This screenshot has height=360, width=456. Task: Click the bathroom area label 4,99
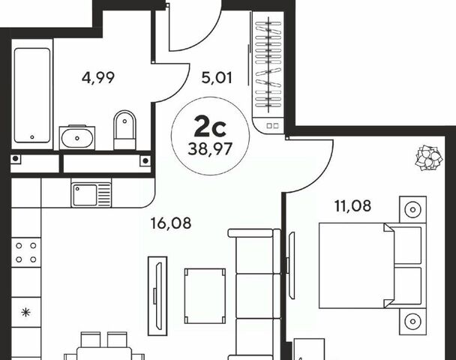pyautogui.click(x=98, y=78)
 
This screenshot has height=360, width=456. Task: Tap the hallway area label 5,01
pyautogui.click(x=217, y=78)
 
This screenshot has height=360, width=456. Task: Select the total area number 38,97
pyautogui.click(x=210, y=149)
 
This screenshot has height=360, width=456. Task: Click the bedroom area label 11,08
pyautogui.click(x=352, y=206)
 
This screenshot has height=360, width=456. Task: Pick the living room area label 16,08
pyautogui.click(x=171, y=223)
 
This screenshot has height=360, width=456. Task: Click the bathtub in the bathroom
pyautogui.click(x=32, y=95)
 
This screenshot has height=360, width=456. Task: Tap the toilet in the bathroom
pyautogui.click(x=124, y=130)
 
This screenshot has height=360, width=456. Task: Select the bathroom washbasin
pyautogui.click(x=76, y=138)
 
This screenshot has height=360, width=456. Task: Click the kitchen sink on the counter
pyautogui.click(x=91, y=194)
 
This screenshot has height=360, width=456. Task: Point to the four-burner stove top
pyautogui.click(x=26, y=253)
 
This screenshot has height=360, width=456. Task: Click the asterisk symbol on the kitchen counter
pyautogui.click(x=26, y=313)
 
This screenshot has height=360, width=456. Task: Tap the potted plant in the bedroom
pyautogui.click(x=429, y=157)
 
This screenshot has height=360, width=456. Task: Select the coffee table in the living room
pyautogui.click(x=205, y=295)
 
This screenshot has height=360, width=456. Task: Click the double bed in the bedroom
pyautogui.click(x=370, y=265)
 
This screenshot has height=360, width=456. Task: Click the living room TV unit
pyautogui.click(x=157, y=295)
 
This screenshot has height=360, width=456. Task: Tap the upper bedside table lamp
pyautogui.click(x=412, y=209)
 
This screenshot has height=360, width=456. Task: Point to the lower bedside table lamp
pyautogui.click(x=412, y=321)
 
